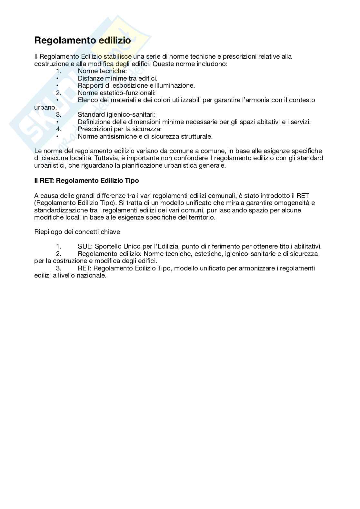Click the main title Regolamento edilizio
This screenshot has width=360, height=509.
click(x=83, y=41)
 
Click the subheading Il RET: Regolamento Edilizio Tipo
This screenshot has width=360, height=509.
click(x=86, y=181)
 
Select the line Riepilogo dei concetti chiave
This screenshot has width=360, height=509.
click(x=77, y=232)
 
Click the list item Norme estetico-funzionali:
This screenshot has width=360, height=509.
click(x=116, y=93)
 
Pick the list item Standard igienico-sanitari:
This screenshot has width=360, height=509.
click(x=116, y=115)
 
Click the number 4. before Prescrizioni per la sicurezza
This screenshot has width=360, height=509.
click(x=59, y=129)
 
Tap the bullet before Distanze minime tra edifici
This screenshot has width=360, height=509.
click(x=57, y=78)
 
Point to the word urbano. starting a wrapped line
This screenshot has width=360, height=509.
click(x=45, y=107)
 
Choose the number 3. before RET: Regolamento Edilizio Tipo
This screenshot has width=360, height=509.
click(x=59, y=269)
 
